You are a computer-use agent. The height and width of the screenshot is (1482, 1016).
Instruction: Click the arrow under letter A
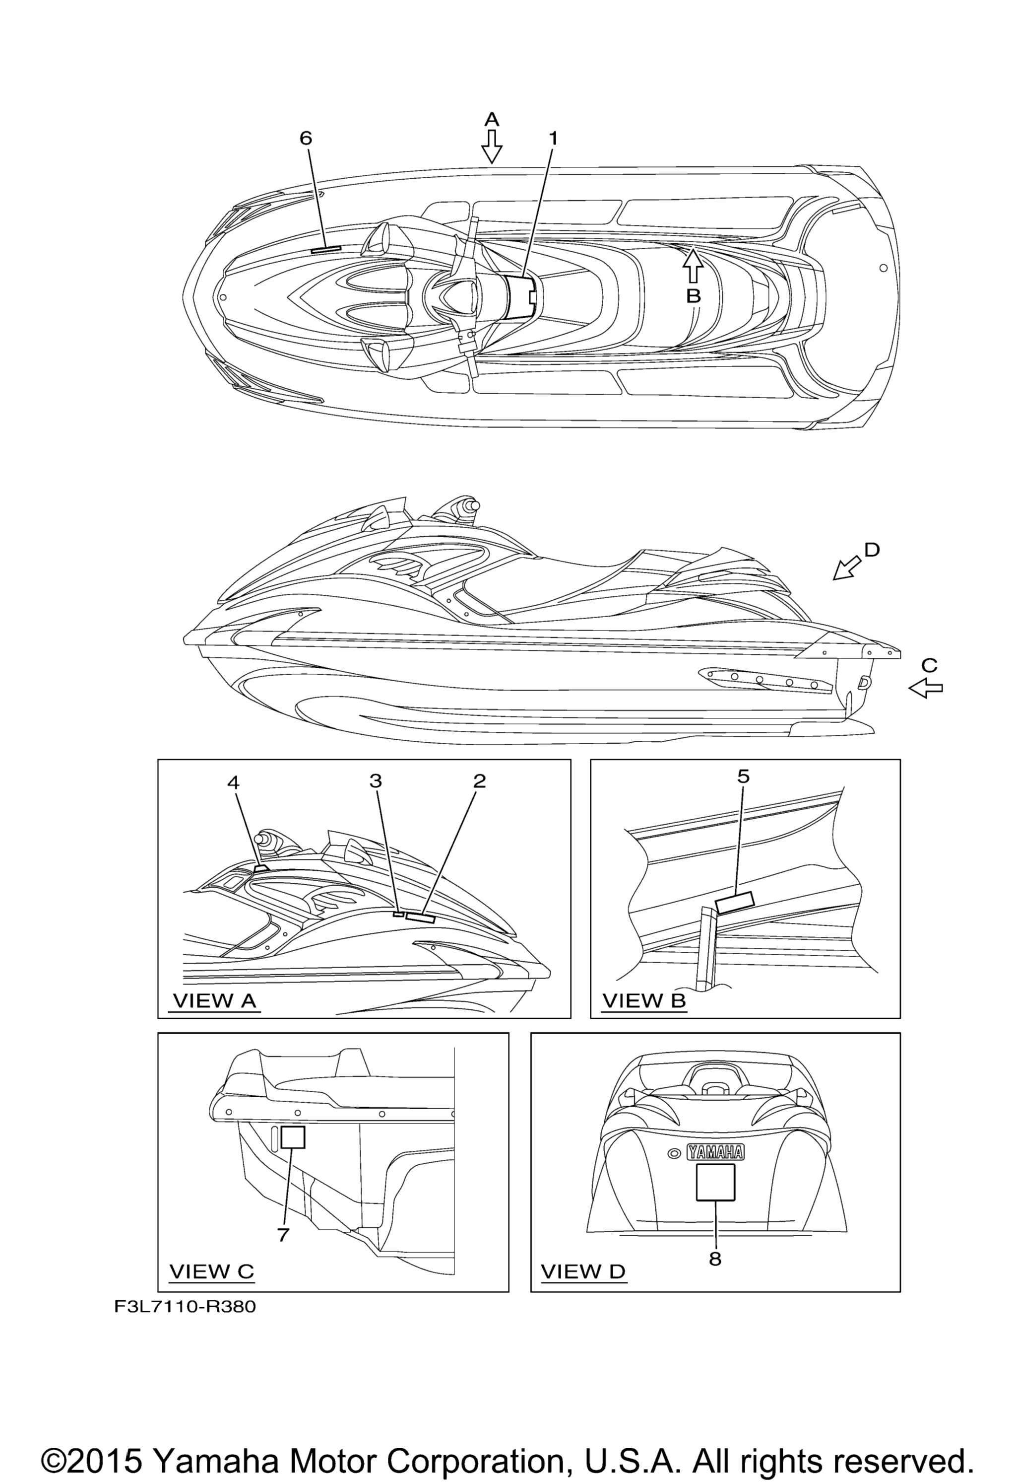pos(492,146)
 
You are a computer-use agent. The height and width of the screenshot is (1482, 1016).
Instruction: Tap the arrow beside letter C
pos(926,688)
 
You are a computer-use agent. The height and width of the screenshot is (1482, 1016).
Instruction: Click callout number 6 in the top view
pos(306,139)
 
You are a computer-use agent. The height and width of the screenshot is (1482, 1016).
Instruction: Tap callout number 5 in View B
pos(743,776)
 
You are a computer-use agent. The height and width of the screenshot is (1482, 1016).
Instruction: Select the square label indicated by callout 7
pos(293,1136)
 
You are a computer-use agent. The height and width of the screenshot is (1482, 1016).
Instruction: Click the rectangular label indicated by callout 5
pos(735,902)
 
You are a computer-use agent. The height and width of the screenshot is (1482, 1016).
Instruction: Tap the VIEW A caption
pos(214,1000)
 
